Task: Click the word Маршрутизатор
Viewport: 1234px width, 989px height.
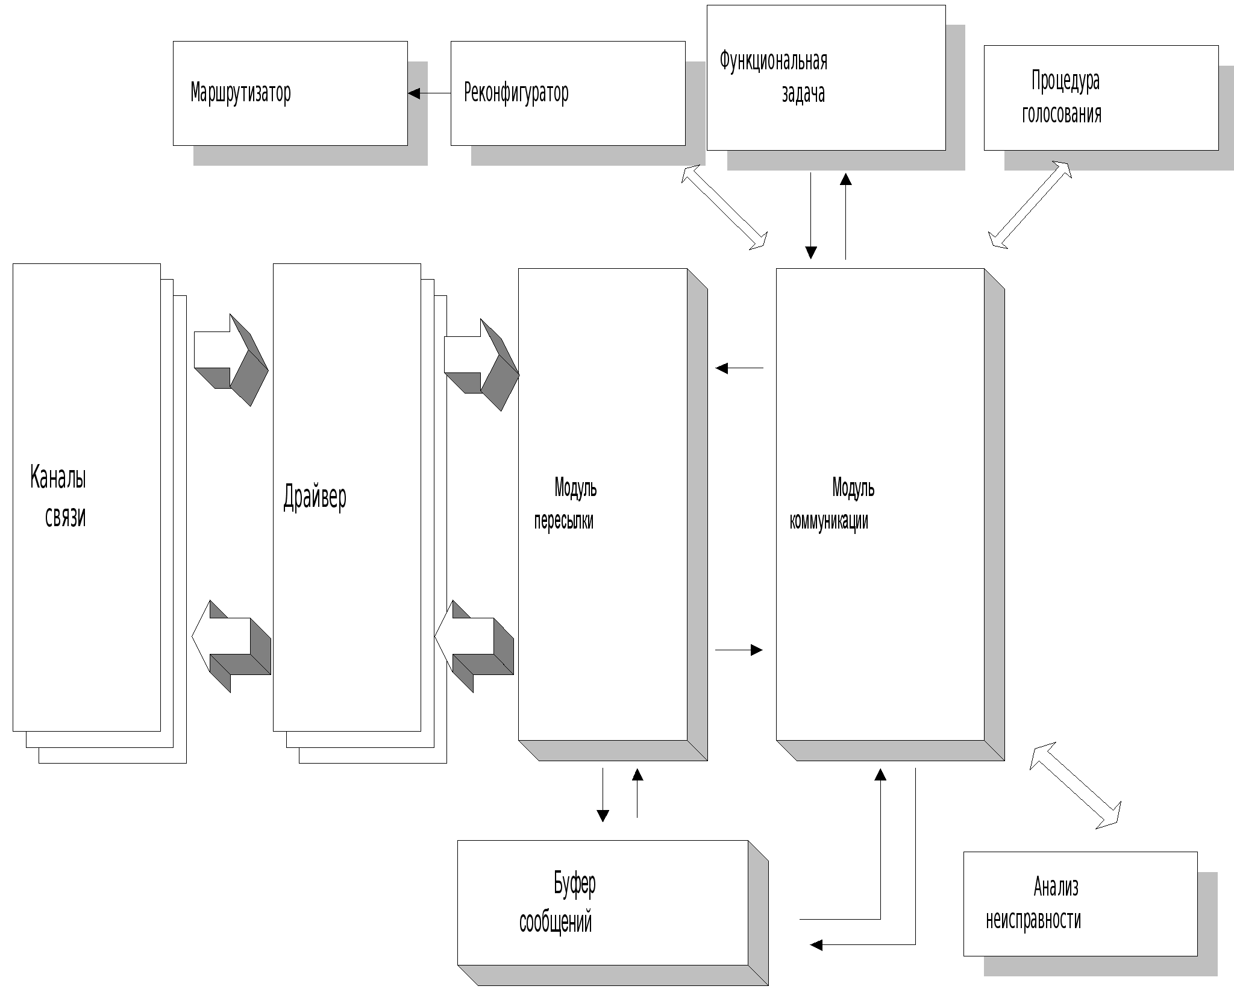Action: (240, 93)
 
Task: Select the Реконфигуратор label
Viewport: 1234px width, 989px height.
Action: (516, 93)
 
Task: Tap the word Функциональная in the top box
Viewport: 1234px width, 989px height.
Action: (773, 61)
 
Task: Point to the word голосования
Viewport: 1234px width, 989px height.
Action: (1061, 113)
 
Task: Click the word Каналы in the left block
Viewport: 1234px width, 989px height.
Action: (58, 477)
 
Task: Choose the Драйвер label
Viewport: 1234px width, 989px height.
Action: (315, 497)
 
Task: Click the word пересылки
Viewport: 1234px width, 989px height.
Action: (563, 521)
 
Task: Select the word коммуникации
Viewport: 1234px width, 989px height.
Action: (828, 521)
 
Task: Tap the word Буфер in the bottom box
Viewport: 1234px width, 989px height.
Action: (574, 884)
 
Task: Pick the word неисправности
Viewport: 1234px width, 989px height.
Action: (1033, 920)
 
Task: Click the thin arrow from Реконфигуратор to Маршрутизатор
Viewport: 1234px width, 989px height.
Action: (429, 93)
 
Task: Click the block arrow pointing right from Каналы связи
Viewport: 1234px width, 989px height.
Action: (230, 359)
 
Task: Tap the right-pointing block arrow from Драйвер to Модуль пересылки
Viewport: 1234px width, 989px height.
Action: (481, 364)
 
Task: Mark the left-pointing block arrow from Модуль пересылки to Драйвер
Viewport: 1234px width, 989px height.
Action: (474, 646)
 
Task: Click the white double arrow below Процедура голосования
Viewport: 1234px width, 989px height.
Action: (1030, 204)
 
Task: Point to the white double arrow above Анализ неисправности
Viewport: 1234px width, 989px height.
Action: (1076, 785)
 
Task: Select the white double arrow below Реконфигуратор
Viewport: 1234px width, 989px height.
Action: (724, 207)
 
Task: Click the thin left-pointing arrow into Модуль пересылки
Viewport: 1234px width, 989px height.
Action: (739, 368)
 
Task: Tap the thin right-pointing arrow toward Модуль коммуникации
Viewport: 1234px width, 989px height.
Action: (739, 650)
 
